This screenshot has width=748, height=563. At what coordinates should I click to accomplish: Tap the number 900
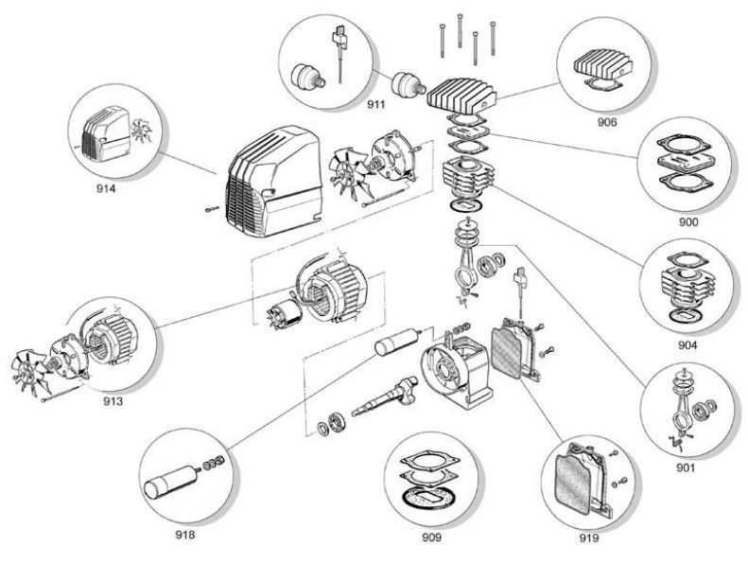pyautogui.click(x=687, y=221)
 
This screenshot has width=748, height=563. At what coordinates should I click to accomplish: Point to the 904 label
pyautogui.click(x=687, y=344)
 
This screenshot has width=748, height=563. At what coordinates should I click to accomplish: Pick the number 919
pyautogui.click(x=588, y=537)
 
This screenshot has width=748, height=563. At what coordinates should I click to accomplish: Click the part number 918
pyautogui.click(x=185, y=535)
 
